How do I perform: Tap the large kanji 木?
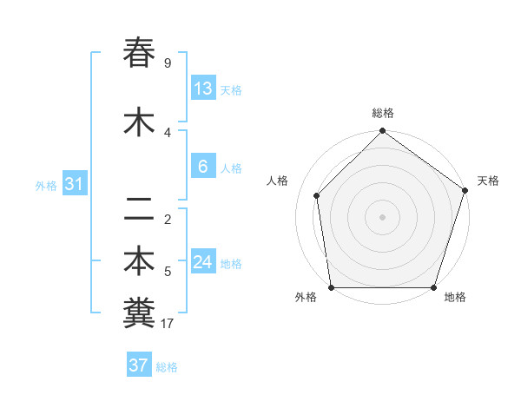pyautogui.click(x=139, y=122)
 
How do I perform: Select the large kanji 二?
pyautogui.click(x=139, y=209)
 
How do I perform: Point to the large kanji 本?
pyautogui.click(x=139, y=260)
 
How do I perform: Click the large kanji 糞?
pyautogui.click(x=139, y=313)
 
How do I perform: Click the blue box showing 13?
pyautogui.click(x=203, y=89)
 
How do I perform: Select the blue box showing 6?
pyautogui.click(x=203, y=167)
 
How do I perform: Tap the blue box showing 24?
pyautogui.click(x=203, y=262)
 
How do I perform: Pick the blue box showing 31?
pyautogui.click(x=75, y=184)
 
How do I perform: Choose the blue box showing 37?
pyautogui.click(x=139, y=365)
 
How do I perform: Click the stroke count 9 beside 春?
pyautogui.click(x=168, y=63)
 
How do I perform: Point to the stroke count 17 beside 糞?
pyautogui.click(x=168, y=325)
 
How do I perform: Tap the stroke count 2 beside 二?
pyautogui.click(x=168, y=220)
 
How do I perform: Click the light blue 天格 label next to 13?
pyautogui.click(x=231, y=90)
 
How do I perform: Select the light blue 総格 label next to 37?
pyautogui.click(x=167, y=367)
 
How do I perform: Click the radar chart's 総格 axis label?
pyautogui.click(x=383, y=113)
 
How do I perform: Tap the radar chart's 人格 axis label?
pyautogui.click(x=278, y=181)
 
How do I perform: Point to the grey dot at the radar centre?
pyautogui.click(x=382, y=216)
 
